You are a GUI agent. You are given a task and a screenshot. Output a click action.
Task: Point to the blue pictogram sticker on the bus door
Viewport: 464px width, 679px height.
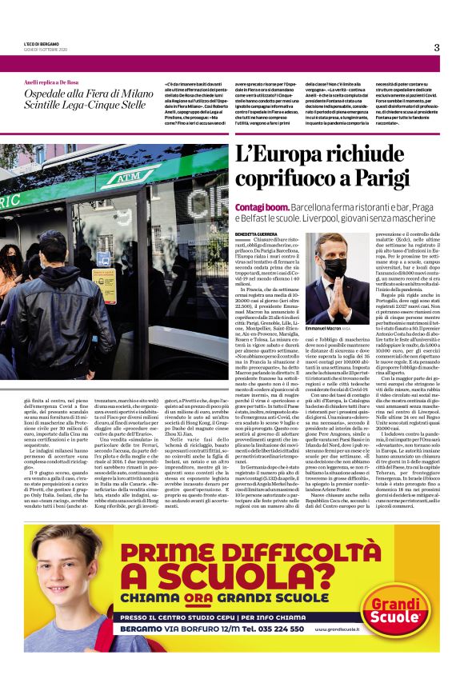[x=103, y=260]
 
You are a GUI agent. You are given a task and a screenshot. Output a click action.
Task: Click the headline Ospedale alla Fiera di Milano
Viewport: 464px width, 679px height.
[x=74, y=94]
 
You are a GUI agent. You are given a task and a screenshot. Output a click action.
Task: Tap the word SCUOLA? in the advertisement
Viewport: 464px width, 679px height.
[x=239, y=575]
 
